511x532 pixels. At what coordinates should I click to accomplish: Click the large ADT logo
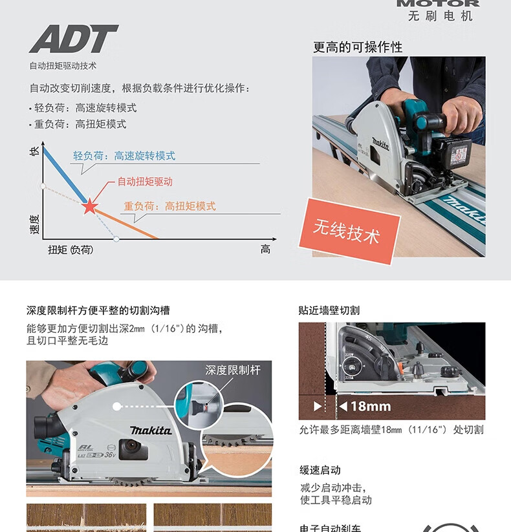point(73,39)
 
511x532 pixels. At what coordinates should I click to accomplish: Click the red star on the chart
point(89,207)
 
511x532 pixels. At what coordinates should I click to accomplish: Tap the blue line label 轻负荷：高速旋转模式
point(124,156)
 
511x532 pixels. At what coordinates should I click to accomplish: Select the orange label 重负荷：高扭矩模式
point(169,206)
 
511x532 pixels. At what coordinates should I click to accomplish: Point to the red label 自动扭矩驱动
point(145,182)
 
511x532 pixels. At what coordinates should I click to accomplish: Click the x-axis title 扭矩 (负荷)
point(70,250)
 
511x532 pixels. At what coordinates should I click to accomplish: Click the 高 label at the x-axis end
point(265,250)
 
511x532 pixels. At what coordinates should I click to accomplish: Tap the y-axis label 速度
point(35,224)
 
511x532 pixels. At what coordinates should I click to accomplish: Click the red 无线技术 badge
point(347,231)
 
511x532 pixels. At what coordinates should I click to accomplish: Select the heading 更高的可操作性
point(358,47)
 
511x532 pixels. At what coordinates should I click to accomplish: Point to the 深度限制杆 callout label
point(233,370)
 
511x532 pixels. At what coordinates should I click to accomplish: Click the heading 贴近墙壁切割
point(329,310)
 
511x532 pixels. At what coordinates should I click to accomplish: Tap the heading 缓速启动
point(320,470)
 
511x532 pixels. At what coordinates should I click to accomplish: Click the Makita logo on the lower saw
point(150,431)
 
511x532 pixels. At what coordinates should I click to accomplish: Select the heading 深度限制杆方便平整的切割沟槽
point(98,311)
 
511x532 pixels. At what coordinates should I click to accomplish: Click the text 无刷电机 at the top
point(440,16)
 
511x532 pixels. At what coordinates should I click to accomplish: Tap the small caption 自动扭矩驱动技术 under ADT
point(63,65)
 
